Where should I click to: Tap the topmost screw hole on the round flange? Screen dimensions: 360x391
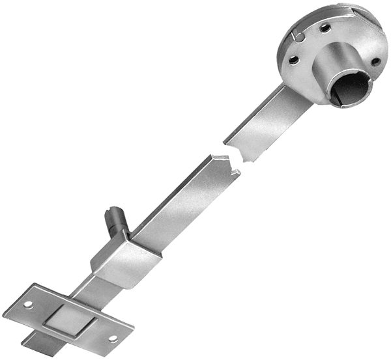pos(325,27)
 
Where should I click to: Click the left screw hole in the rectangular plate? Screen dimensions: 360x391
pos(28,304)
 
